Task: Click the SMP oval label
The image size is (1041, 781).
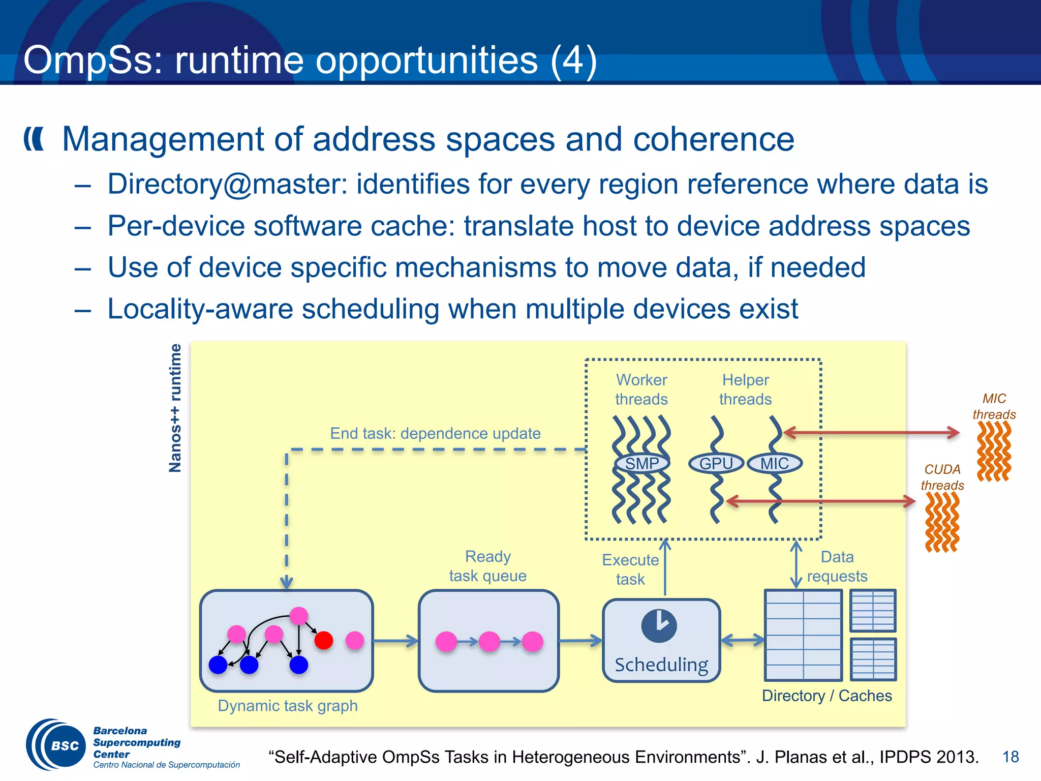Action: [642, 463]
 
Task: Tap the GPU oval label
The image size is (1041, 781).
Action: [716, 463]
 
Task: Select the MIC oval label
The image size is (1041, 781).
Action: [775, 463]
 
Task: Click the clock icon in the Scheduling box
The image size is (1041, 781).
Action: [659, 625]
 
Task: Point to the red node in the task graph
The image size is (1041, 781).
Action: [324, 640]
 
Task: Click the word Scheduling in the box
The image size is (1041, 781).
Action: [661, 665]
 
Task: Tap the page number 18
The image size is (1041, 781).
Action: [1011, 757]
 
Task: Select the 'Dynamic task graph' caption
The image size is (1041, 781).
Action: [288, 706]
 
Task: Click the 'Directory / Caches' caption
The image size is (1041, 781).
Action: [827, 696]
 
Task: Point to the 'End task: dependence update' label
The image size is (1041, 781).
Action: [435, 433]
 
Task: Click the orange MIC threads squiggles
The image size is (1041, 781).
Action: [994, 451]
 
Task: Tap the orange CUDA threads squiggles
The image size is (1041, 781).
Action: [942, 522]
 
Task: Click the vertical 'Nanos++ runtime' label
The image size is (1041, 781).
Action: [175, 408]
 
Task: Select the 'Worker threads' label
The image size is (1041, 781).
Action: [641, 389]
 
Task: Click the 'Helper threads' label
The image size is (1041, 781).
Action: [745, 389]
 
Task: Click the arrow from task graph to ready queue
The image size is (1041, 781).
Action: [395, 641]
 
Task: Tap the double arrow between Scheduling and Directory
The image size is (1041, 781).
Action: [743, 640]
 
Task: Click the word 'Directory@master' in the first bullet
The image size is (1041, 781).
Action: [227, 184]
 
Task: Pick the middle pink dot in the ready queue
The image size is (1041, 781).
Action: [489, 642]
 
